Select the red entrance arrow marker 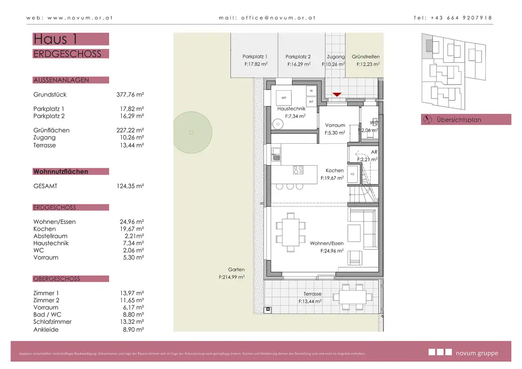point(336,95)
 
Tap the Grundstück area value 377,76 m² point(130,95)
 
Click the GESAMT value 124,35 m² point(130,187)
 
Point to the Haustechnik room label point(291,109)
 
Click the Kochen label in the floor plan point(334,171)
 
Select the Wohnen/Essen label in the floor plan point(327,244)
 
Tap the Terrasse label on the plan point(312,294)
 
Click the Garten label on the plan point(236,270)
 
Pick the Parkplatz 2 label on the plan point(298,57)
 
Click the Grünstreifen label point(366,57)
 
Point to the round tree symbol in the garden point(191,133)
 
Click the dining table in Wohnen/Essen point(292,232)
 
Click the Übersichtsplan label point(459,120)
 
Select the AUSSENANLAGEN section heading point(61,80)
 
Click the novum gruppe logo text point(477,353)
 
